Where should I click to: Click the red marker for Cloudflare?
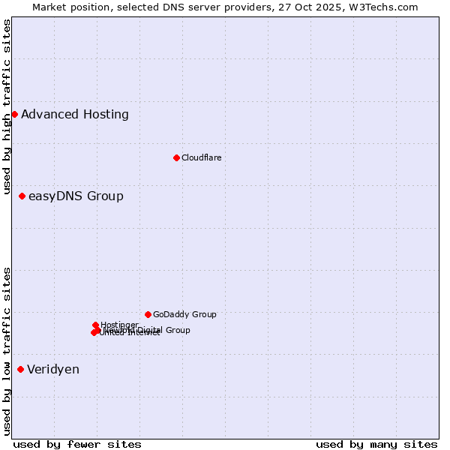click(x=176, y=157)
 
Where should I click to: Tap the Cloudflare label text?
click(x=201, y=157)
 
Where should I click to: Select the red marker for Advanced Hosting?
click(x=14, y=114)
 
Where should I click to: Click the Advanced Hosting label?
click(x=75, y=115)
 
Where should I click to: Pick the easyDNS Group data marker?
click(x=22, y=196)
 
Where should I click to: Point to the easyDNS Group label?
click(x=76, y=196)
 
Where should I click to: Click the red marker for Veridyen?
click(x=20, y=369)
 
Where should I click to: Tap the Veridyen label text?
click(x=53, y=370)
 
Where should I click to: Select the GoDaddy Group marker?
click(x=148, y=314)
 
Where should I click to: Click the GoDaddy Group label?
click(x=184, y=315)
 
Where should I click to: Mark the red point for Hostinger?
click(x=95, y=325)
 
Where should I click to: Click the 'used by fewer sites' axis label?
click(x=77, y=444)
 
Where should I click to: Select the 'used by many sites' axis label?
click(x=376, y=444)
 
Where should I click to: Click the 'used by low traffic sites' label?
click(x=7, y=351)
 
